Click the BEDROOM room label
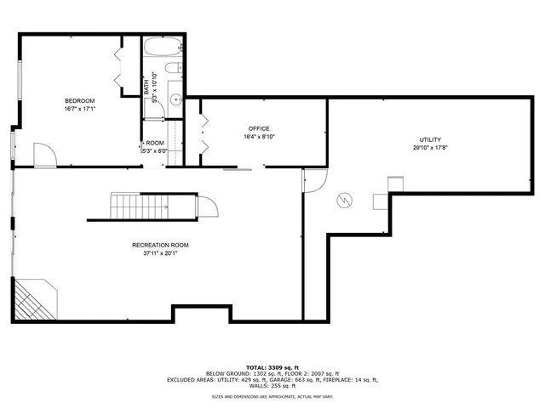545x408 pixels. coord(79,100)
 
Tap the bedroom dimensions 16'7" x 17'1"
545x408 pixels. coord(79,109)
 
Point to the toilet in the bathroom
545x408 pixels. coord(171,69)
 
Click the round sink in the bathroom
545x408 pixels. coord(177,99)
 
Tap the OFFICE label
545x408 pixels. coord(259,127)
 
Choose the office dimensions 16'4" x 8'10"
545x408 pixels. coord(259,136)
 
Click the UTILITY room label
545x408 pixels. coord(430,139)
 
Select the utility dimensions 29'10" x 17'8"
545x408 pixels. coord(430,148)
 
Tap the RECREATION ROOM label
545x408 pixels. coord(160,245)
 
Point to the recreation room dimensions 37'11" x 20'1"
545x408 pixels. coord(160,253)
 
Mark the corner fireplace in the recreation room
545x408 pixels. coord(32,302)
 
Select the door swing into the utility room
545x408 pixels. coord(315,179)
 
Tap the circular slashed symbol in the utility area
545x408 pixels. coord(345,201)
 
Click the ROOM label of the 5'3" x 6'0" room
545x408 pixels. coord(155,143)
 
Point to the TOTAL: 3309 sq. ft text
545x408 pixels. coord(272,367)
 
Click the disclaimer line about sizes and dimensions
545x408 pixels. coord(272,396)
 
